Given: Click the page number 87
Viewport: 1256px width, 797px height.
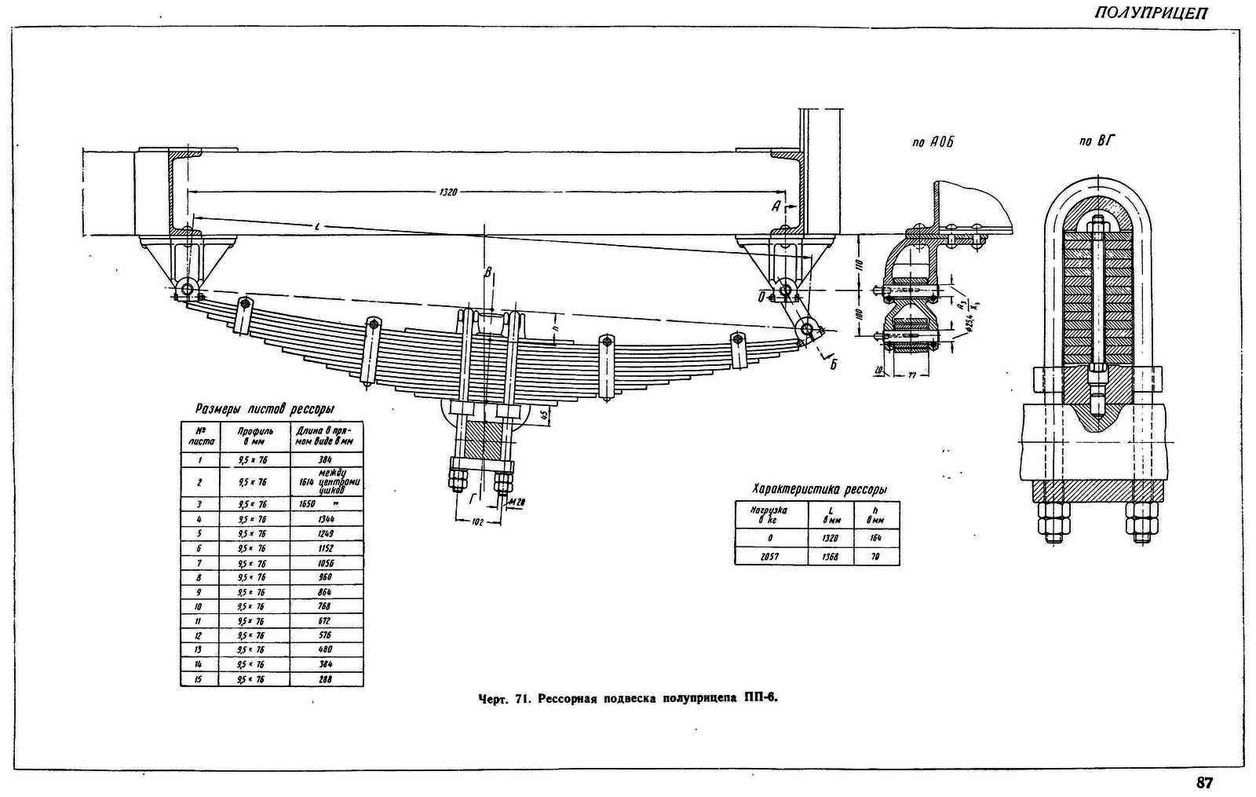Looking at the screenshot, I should (x=1205, y=783).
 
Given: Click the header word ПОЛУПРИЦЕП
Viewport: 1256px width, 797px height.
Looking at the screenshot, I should (x=1152, y=13).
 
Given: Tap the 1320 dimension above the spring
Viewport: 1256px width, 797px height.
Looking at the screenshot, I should (x=448, y=191).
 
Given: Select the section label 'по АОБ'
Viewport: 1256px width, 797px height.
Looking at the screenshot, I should (x=933, y=142).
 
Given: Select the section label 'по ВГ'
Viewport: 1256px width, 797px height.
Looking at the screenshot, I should (x=1097, y=142).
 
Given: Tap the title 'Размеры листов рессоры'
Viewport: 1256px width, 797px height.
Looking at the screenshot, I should (x=265, y=409).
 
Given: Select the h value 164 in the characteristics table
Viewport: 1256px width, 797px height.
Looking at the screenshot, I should (x=875, y=539).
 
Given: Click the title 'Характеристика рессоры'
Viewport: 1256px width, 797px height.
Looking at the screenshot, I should (x=820, y=488).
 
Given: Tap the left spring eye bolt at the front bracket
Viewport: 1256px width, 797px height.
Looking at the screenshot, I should (x=187, y=290).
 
